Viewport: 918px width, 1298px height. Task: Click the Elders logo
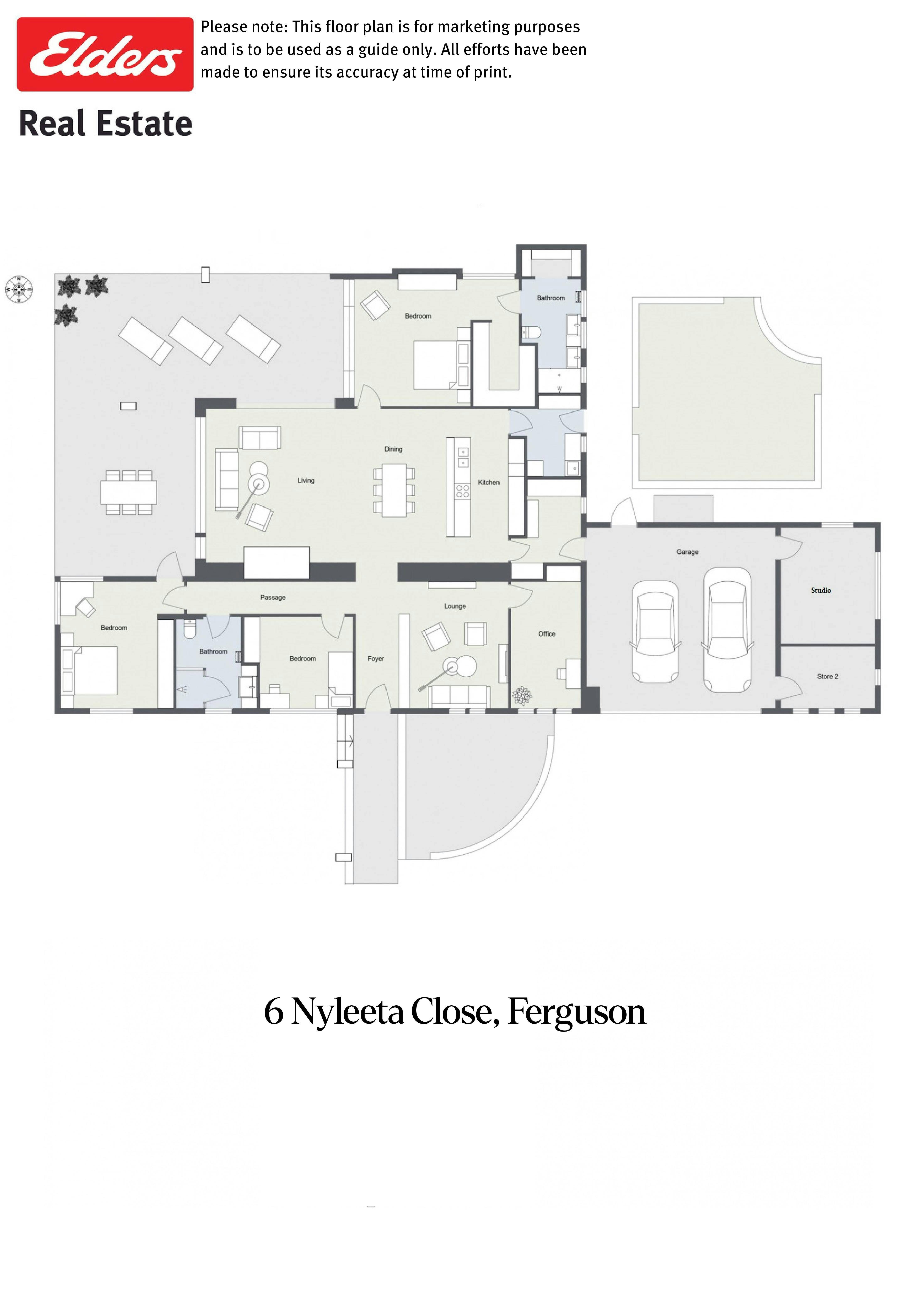pos(105,54)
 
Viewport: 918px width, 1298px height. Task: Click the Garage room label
pos(687,552)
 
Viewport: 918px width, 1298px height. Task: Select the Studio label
pos(821,590)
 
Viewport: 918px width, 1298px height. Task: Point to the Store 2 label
pos(827,676)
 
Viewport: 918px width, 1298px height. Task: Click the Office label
pos(546,634)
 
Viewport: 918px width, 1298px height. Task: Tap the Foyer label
pos(376,659)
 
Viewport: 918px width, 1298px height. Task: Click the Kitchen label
pos(489,482)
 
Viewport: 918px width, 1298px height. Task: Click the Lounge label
pos(455,606)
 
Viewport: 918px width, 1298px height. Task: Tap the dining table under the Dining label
pos(394,490)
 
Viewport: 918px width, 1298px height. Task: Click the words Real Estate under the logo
pos(106,124)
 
